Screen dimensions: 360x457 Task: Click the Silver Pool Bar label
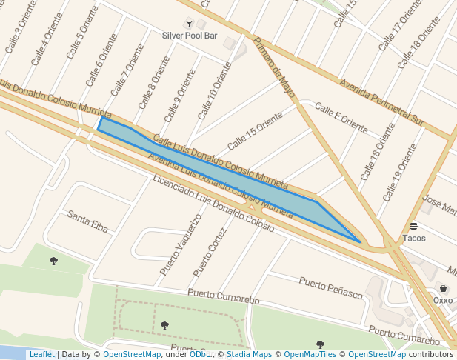pos(190,36)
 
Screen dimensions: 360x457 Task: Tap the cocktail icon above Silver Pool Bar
pos(189,24)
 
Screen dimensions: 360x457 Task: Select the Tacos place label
pos(414,239)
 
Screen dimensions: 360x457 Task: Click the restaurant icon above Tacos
pos(413,227)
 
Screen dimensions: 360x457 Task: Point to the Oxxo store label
pos(443,300)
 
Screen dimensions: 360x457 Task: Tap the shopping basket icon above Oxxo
pos(443,289)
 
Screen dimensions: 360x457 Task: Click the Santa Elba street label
pos(88,221)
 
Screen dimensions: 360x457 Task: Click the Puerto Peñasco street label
pos(331,287)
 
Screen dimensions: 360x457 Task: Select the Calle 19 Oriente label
pos(401,173)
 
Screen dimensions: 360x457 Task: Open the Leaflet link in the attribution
pos(41,355)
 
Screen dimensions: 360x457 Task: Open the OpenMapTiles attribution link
pos(312,355)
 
